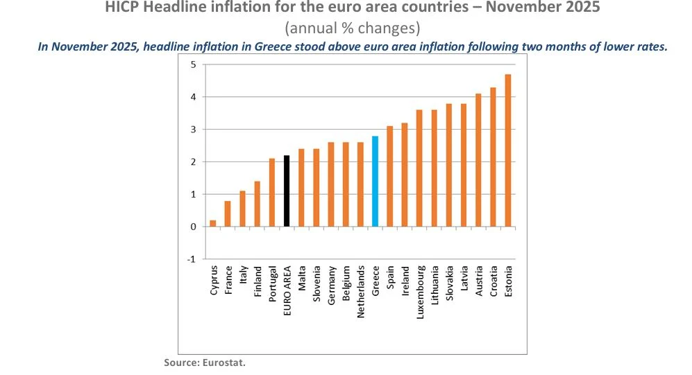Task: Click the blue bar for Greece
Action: click(x=375, y=182)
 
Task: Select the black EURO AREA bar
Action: click(x=287, y=191)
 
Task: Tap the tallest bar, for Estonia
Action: click(x=507, y=150)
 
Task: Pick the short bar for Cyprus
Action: click(x=212, y=223)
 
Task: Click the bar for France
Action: click(x=228, y=213)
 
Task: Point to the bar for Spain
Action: click(x=390, y=177)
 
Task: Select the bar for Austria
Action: click(x=478, y=160)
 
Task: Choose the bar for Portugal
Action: click(x=272, y=193)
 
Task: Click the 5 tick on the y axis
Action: click(x=194, y=65)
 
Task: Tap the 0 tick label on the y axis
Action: click(x=194, y=227)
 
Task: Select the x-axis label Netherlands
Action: click(x=360, y=292)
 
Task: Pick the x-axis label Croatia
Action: click(x=493, y=282)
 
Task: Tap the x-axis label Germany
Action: click(x=331, y=285)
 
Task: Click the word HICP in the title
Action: click(x=121, y=8)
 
